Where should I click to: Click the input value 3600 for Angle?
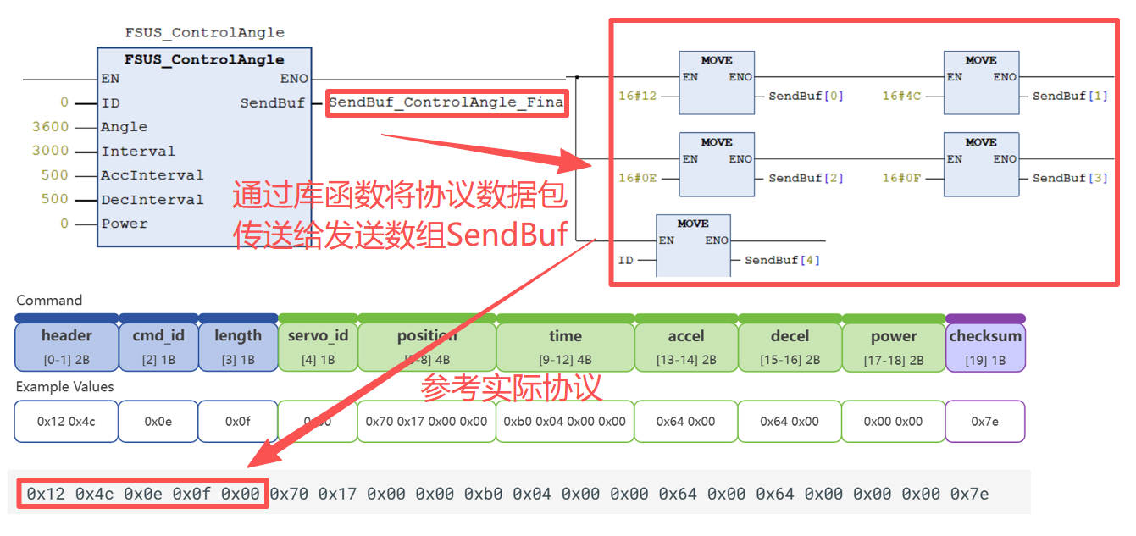pos(50,127)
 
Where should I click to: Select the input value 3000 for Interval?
pos(50,151)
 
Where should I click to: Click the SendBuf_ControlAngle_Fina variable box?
pos(446,102)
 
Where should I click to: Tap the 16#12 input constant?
pos(637,97)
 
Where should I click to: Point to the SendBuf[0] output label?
pos(806,97)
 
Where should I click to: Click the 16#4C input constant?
pos(901,97)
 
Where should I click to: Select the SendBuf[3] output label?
pos(1070,178)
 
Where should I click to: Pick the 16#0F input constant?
pos(901,178)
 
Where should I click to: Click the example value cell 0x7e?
pos(985,422)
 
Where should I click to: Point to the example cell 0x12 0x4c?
pos(66,422)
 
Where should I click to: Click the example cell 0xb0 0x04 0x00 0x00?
pos(565,422)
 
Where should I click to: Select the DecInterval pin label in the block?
pos(152,200)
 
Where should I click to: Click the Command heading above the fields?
pos(49,301)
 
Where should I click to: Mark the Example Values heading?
pos(64,387)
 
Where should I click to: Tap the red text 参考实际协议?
pos(512,387)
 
